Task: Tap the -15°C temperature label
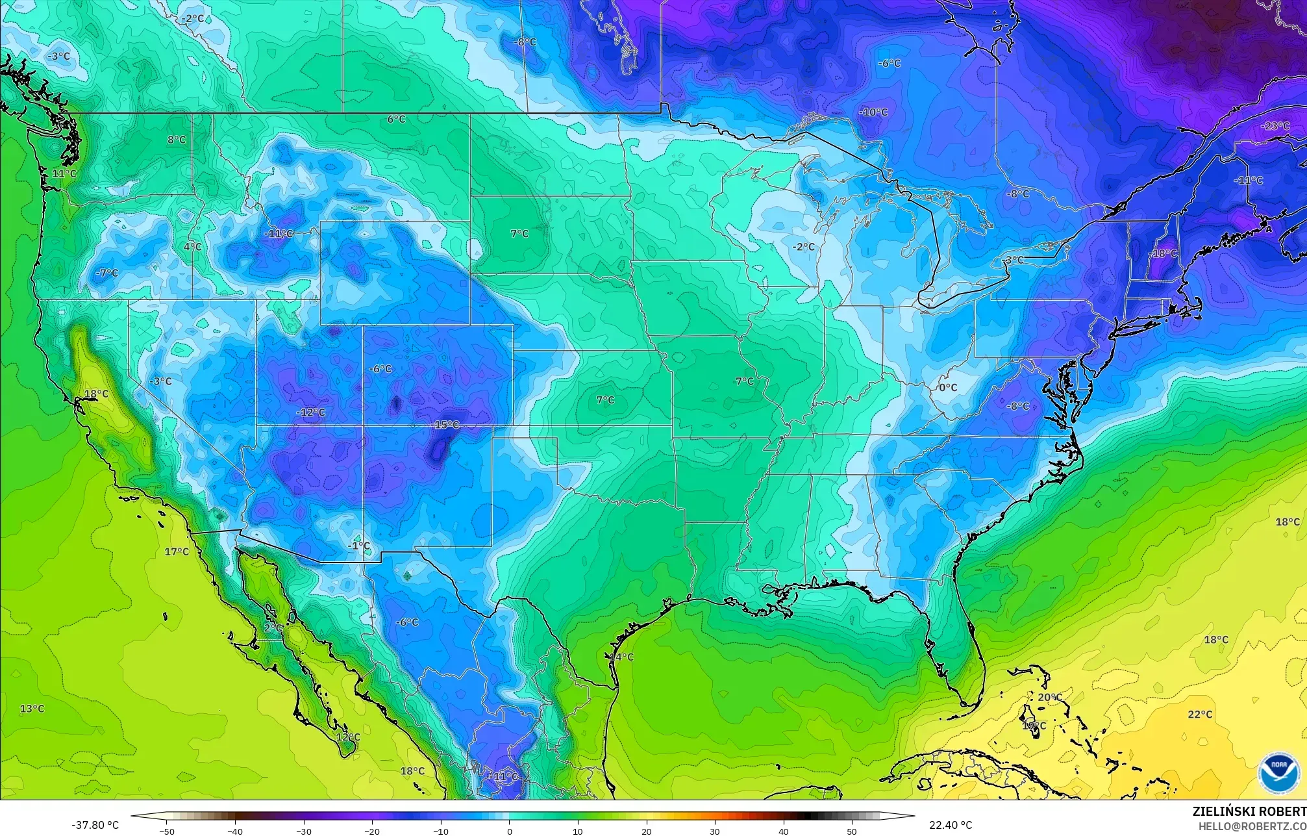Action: click(445, 425)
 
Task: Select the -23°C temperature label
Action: click(1275, 126)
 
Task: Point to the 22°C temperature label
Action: click(1200, 715)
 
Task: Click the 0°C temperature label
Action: click(948, 388)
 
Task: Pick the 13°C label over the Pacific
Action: click(32, 709)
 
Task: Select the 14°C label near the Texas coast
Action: click(621, 657)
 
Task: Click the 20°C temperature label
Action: click(1050, 698)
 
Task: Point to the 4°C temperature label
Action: click(192, 247)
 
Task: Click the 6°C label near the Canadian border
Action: click(396, 120)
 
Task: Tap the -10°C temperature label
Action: click(873, 112)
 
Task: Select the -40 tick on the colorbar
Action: click(235, 831)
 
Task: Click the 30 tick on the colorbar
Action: click(715, 831)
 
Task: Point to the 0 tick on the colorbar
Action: click(509, 831)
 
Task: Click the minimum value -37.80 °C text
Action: click(95, 825)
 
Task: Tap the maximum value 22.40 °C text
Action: click(951, 825)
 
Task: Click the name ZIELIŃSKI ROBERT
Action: click(1249, 811)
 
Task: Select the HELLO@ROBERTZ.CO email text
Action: click(1252, 826)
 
